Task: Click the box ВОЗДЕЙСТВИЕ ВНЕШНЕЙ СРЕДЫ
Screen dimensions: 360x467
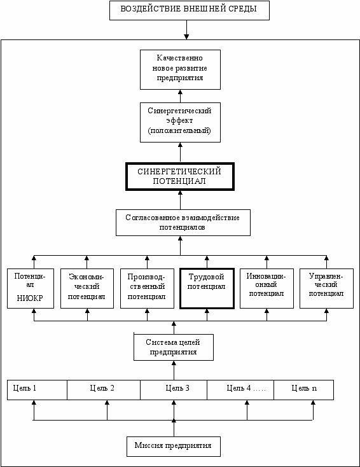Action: click(x=190, y=10)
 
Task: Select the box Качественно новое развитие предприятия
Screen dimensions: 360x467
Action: click(x=180, y=70)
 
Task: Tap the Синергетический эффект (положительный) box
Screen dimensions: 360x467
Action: click(x=180, y=122)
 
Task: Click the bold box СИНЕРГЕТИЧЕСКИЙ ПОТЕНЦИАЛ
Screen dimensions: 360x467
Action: click(x=180, y=177)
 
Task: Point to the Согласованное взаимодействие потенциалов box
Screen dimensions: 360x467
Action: click(x=183, y=223)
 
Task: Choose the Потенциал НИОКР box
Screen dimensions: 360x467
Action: click(x=31, y=288)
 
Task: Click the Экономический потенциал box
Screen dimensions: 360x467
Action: click(x=87, y=288)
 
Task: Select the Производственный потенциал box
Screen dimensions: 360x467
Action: click(x=147, y=288)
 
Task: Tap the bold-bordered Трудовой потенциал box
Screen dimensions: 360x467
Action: click(x=207, y=288)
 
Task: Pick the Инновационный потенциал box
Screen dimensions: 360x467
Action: click(x=267, y=288)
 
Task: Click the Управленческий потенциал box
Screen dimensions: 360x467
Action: click(x=326, y=288)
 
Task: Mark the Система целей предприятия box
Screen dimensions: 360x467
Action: click(x=174, y=347)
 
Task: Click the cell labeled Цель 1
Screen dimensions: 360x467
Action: click(x=38, y=390)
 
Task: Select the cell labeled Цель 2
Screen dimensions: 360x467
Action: click(x=104, y=390)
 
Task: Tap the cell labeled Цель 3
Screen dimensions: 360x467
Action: click(x=174, y=390)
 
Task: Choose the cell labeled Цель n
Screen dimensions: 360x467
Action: click(x=303, y=390)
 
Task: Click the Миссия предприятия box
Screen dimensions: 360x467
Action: click(x=174, y=447)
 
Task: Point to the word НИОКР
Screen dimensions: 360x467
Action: click(x=30, y=298)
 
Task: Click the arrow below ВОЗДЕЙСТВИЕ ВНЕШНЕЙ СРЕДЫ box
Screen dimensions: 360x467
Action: click(x=186, y=30)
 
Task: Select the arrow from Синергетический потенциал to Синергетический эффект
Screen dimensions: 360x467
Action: click(x=180, y=152)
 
